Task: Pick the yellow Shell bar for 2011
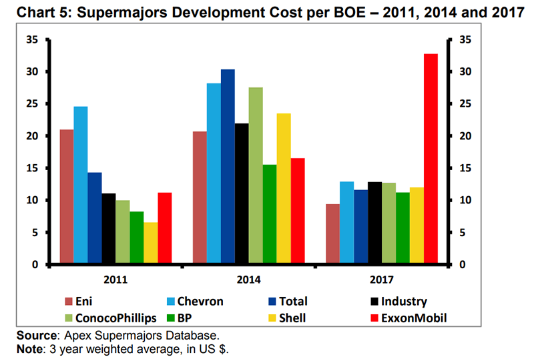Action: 151,244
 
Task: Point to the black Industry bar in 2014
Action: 242,194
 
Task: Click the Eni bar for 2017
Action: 332,234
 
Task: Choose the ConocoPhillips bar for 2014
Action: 256,176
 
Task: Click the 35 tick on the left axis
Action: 31,40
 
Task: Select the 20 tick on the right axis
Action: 467,136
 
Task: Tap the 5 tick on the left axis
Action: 33,233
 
